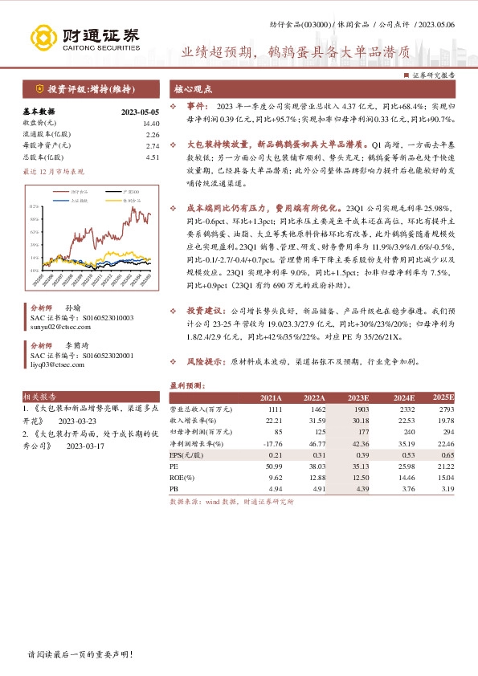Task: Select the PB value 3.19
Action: coord(447,487)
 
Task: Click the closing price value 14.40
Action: coord(151,124)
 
